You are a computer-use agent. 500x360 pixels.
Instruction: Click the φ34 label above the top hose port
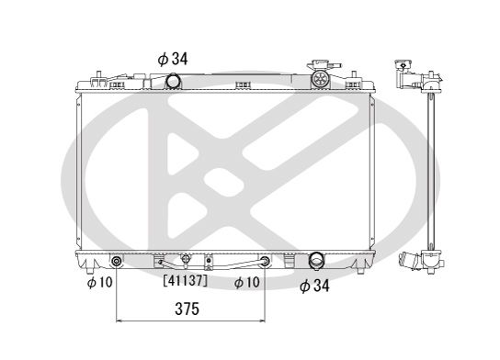point(173,59)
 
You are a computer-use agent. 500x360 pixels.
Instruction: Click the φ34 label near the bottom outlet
point(314,286)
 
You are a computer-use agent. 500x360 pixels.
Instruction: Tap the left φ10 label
point(100,282)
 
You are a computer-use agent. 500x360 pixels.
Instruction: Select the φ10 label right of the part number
point(247,282)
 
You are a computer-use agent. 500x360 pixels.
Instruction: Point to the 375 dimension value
point(187,309)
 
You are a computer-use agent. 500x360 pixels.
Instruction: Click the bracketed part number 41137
point(186,281)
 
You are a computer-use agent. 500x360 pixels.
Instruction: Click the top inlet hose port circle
point(173,81)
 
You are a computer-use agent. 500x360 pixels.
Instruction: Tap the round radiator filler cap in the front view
point(319,79)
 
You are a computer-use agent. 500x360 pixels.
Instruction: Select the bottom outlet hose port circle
point(316,260)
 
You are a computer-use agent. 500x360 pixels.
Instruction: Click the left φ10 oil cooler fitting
point(117,262)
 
